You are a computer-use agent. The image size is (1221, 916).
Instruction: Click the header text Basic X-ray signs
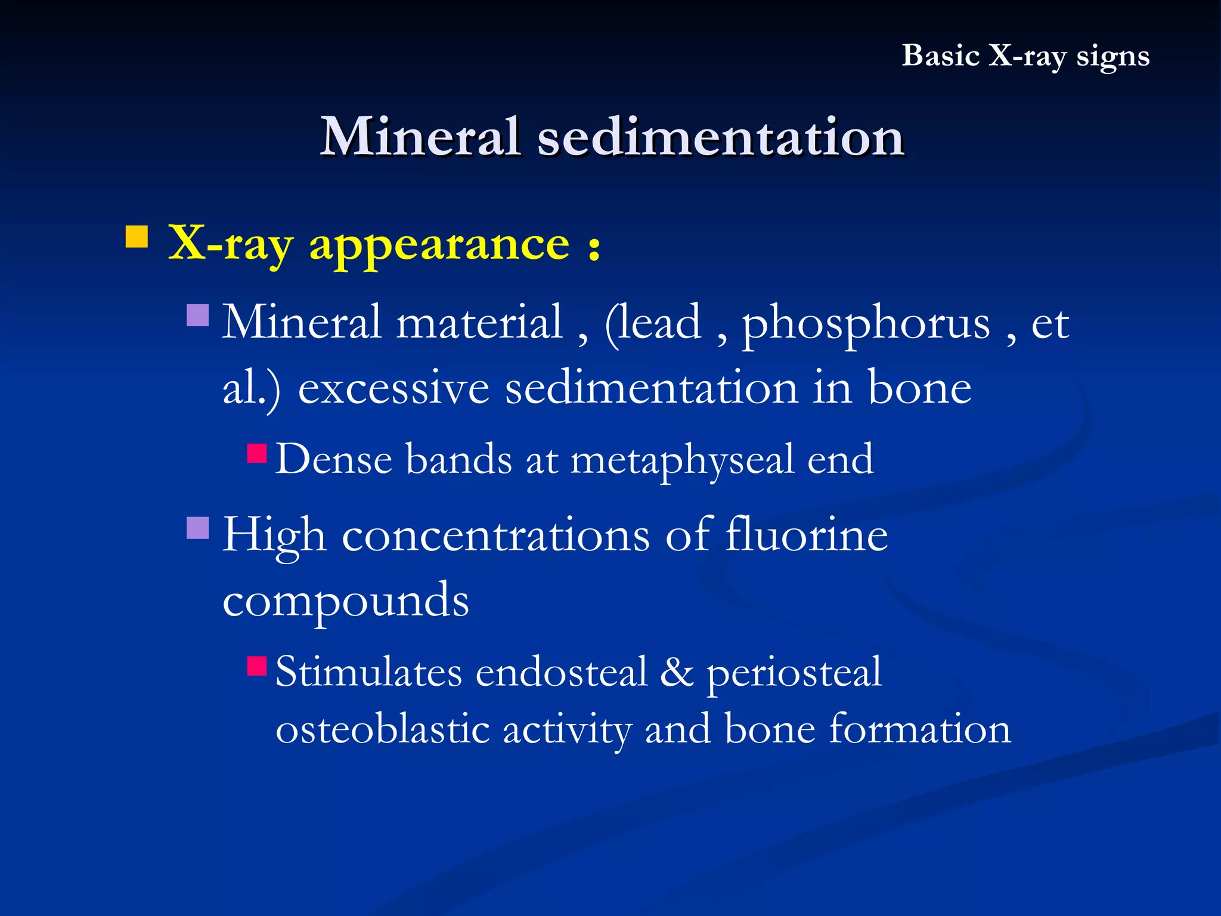(1025, 56)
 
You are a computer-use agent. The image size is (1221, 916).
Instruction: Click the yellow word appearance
(439, 246)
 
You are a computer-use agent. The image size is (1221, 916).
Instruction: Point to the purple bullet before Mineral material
(197, 315)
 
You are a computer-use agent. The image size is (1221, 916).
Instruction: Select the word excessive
(393, 388)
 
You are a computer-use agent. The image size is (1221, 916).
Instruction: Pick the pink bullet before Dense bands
(257, 453)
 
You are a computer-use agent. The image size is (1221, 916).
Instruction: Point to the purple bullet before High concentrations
(197, 528)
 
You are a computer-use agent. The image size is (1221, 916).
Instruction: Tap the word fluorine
(807, 534)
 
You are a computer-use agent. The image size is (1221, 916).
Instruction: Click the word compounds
(346, 601)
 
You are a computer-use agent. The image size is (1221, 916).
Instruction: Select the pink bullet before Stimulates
(257, 666)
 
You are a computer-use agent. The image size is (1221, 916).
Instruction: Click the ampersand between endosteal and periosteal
(677, 672)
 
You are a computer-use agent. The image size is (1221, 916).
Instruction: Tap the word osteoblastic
(382, 729)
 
